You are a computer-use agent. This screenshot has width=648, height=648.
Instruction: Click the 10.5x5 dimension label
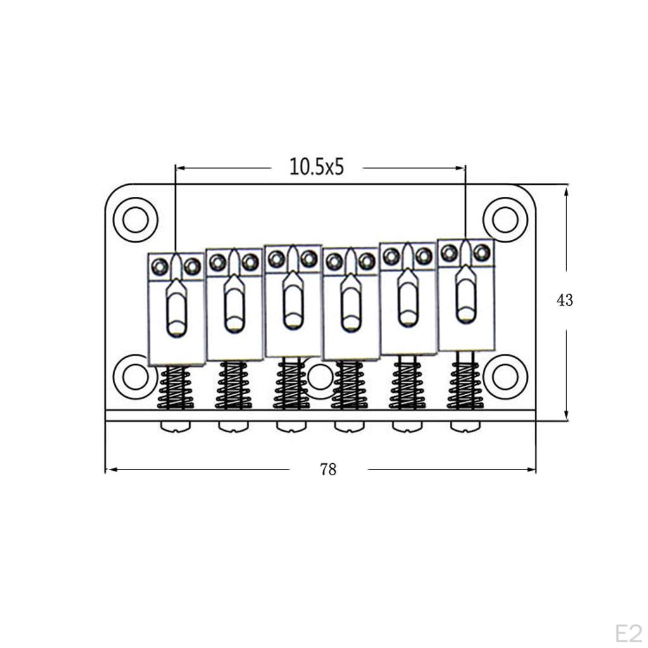(x=316, y=167)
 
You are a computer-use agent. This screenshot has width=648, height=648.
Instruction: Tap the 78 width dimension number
(x=328, y=470)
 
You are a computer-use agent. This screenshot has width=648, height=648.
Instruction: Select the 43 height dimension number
(x=564, y=300)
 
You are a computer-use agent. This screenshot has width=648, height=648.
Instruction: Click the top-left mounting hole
(x=135, y=220)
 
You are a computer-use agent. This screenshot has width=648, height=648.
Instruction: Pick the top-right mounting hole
(x=505, y=220)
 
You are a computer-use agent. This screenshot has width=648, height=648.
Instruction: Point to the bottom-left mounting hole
(x=134, y=377)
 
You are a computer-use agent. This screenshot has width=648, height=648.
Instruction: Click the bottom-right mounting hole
(x=505, y=377)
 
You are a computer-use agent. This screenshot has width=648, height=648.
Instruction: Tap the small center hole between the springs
(x=320, y=377)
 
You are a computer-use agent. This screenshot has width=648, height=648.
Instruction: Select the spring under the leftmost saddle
(x=176, y=387)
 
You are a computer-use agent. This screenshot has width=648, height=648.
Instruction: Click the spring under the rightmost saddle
(x=466, y=381)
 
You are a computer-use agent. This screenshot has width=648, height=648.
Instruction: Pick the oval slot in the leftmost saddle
(x=177, y=310)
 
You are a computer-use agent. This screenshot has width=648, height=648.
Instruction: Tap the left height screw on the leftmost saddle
(x=160, y=267)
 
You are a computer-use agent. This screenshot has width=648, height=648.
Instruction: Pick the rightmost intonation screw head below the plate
(x=466, y=427)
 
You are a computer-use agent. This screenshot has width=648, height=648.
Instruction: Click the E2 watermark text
(x=628, y=633)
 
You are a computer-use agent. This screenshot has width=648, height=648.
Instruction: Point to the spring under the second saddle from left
(x=234, y=385)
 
